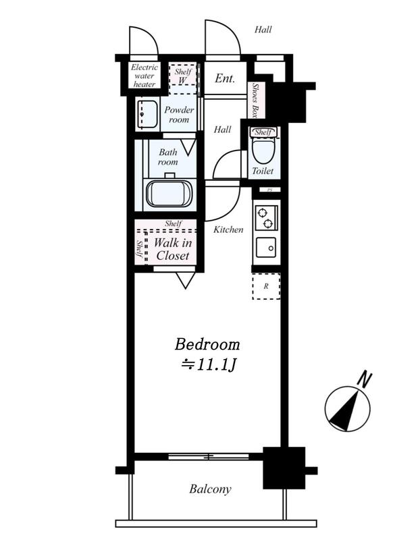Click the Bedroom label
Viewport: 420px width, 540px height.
(x=207, y=344)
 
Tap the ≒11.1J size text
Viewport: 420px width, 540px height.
(x=209, y=364)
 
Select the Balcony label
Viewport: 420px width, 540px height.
(x=210, y=489)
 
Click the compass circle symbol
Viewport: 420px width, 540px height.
(x=347, y=408)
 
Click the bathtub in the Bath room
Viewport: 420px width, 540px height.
(x=169, y=194)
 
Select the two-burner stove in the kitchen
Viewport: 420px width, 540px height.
(x=265, y=218)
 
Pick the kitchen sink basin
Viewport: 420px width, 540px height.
(x=266, y=248)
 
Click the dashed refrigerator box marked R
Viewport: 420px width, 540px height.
(x=266, y=286)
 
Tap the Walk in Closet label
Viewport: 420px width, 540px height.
(x=173, y=249)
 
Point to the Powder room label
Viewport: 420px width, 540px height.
(x=179, y=115)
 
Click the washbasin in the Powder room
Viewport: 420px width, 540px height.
(x=147, y=113)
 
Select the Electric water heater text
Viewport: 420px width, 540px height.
(x=145, y=76)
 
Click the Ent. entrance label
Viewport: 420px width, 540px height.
(x=225, y=78)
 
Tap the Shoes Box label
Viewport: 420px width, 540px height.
(x=255, y=101)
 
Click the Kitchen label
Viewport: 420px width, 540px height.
(x=228, y=230)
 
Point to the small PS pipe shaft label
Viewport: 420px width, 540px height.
(x=270, y=190)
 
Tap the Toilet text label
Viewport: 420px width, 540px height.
(x=263, y=171)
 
